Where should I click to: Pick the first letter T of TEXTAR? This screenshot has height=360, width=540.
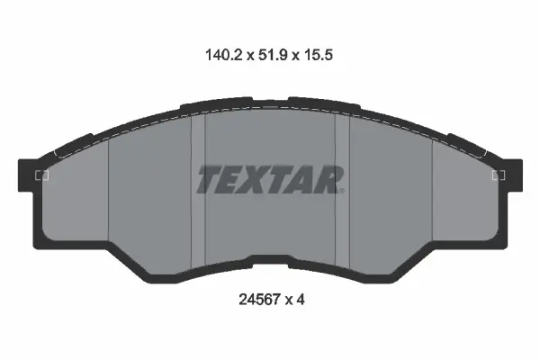coord(209,179)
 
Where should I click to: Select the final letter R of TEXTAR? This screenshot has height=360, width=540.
coord(328,179)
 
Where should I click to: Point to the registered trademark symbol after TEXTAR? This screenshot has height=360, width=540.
coord(341,190)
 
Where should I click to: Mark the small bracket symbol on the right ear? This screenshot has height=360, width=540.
coord(499,175)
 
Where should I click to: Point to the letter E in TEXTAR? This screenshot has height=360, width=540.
coord(233,179)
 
